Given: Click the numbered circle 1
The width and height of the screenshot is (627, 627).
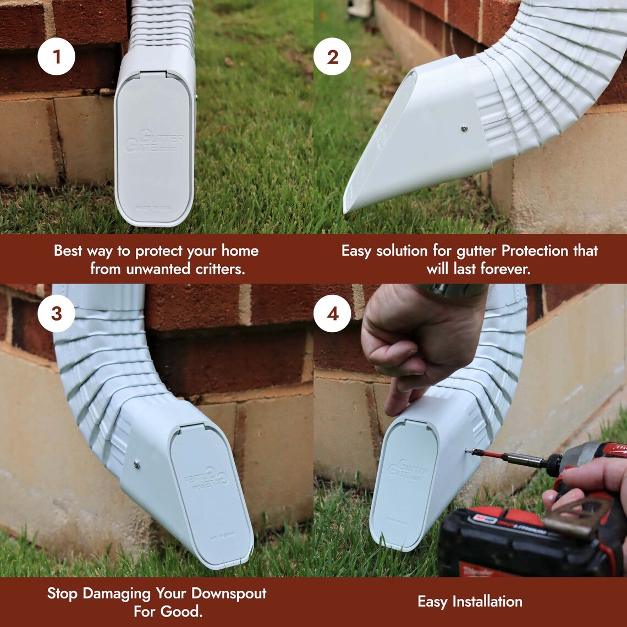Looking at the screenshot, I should (x=57, y=56).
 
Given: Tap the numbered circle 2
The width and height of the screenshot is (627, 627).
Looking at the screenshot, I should (x=332, y=56).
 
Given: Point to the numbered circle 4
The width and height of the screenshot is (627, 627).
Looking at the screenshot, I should (x=332, y=313).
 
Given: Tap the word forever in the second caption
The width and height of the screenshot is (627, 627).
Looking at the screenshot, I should (x=507, y=269).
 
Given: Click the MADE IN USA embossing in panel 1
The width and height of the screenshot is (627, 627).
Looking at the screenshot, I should (x=154, y=208).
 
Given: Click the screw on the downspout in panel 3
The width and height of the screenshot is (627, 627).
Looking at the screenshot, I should (x=136, y=465).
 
